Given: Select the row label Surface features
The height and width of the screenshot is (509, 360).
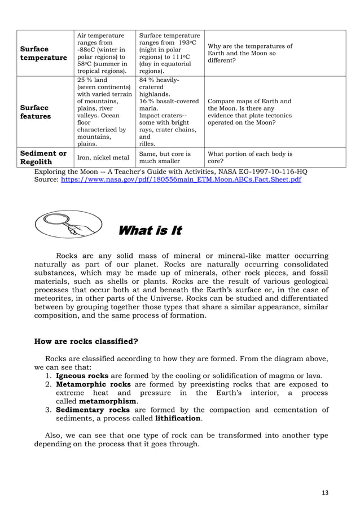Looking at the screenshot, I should click(51, 112).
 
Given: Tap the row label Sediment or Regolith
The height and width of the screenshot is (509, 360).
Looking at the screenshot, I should click(51, 157).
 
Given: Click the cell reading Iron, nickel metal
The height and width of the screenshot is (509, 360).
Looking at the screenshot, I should click(103, 158).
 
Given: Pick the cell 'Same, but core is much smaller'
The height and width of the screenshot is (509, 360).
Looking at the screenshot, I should click(165, 157).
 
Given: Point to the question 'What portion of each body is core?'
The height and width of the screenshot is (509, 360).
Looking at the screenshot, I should click(250, 157).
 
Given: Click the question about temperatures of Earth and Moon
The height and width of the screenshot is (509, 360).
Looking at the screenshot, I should click(250, 54).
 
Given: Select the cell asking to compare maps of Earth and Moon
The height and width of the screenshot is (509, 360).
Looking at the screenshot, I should click(250, 112).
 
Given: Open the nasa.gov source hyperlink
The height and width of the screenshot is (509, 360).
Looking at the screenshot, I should click(181, 179).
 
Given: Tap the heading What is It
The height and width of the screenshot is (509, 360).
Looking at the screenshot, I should click(149, 231).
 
